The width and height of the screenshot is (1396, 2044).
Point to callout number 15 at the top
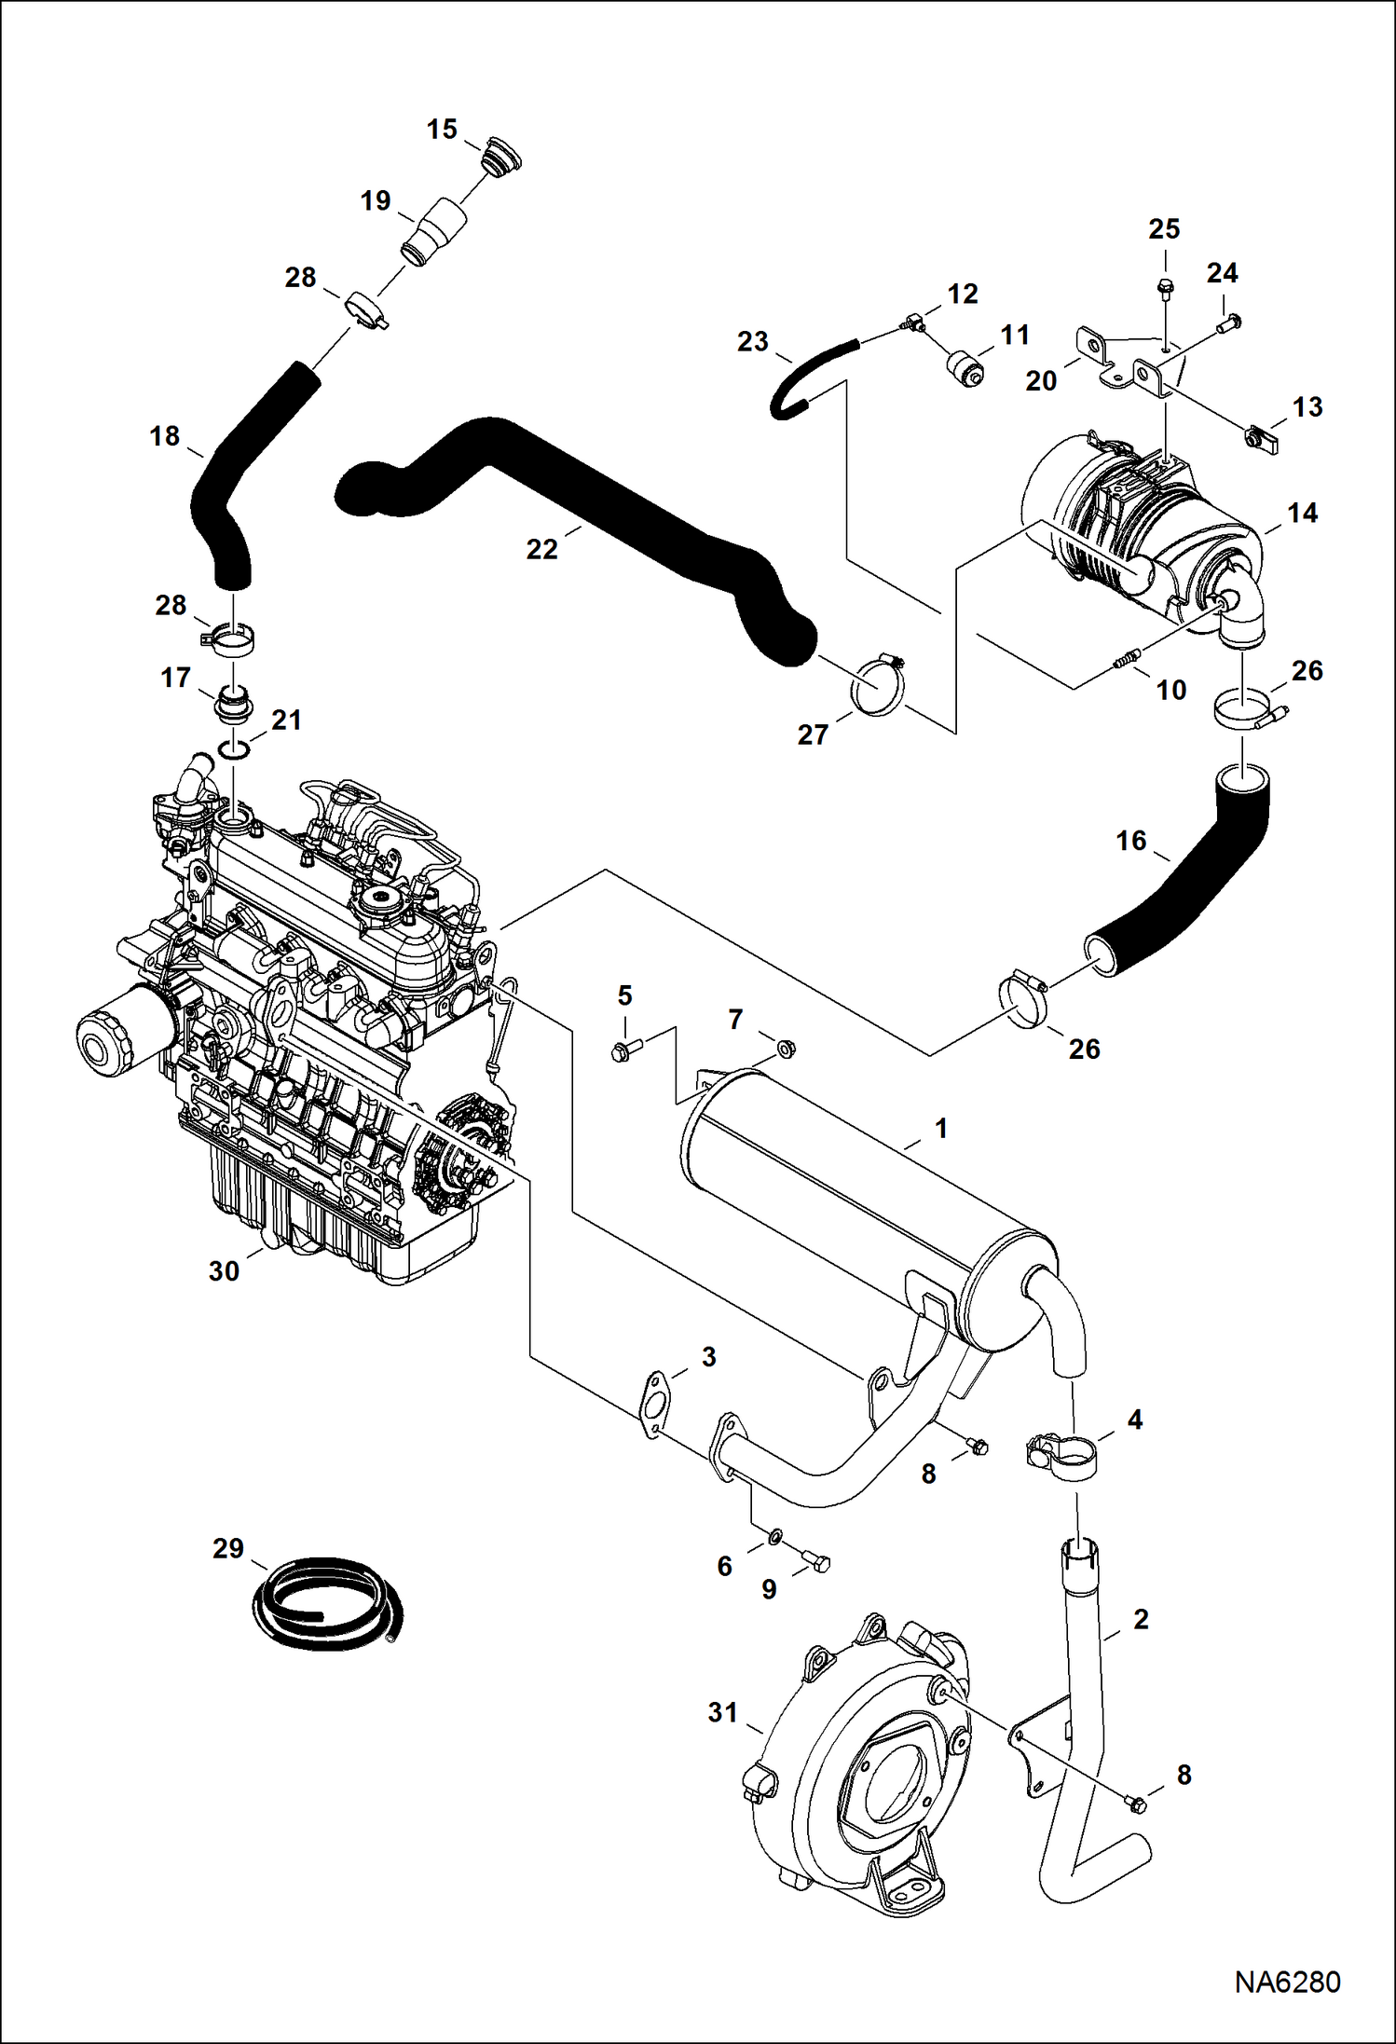pos(442,130)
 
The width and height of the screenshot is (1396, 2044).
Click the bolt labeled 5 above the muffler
pos(623,1051)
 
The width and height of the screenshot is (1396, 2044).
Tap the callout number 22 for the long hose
pos(541,549)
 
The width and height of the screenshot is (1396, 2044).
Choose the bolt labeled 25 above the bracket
pos(1165,285)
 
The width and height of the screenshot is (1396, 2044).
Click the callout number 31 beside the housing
pos(722,1712)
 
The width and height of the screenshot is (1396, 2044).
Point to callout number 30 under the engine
pos(224,1270)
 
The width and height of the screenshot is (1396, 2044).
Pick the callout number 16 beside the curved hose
pos(1130,841)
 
